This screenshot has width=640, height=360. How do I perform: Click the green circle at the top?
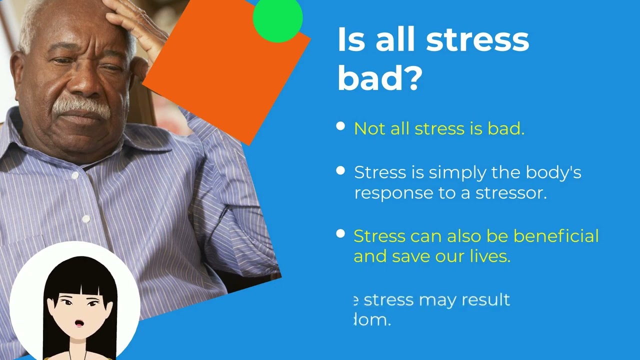coord(277,19)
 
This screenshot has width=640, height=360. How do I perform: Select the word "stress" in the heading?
coord(477,40)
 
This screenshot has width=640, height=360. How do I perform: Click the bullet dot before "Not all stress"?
coord(340,126)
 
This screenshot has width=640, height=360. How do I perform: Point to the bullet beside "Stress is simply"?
coord(340,171)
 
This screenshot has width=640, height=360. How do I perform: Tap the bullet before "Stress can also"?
coord(340,233)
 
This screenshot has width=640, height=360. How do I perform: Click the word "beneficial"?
coord(556,236)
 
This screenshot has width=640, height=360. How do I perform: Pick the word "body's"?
coord(553,173)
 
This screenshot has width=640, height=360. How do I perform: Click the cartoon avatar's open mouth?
coord(79,323)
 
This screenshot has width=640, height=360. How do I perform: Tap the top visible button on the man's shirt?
coord(75,176)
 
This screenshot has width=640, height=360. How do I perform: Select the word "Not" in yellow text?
coord(369,128)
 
